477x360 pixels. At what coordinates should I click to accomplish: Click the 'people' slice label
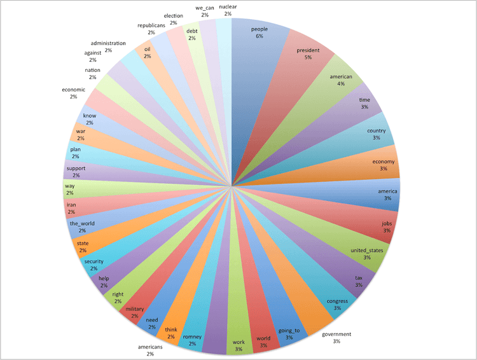point(259,29)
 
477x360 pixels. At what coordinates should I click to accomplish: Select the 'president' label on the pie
point(308,50)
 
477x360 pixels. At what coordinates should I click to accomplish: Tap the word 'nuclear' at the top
point(228,7)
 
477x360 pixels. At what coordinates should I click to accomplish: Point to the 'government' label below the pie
point(336,334)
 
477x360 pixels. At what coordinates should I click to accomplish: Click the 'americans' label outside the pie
point(150,347)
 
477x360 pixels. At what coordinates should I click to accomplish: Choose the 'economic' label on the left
point(74,89)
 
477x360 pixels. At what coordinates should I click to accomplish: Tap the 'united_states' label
point(367,250)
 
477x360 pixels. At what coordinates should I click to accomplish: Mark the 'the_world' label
point(81,223)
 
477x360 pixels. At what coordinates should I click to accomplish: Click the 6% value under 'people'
point(259,36)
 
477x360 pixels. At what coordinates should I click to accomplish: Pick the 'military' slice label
point(135,308)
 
